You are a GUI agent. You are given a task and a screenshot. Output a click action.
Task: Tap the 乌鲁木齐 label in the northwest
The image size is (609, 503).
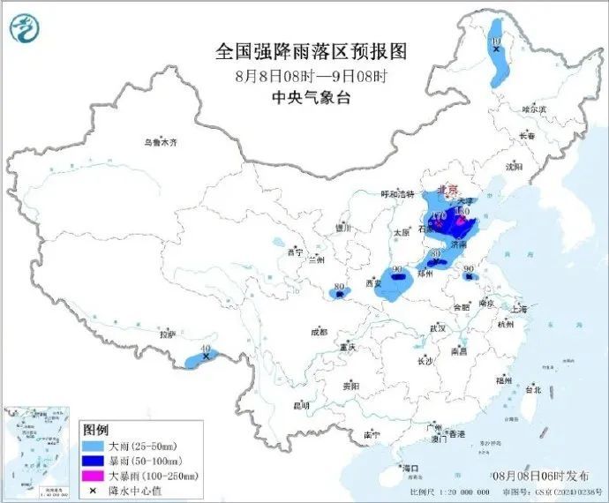(x=161, y=141)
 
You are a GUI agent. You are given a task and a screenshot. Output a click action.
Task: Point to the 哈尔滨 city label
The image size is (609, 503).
(x=534, y=109)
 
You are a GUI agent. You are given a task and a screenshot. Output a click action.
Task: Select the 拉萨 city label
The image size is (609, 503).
(x=167, y=334)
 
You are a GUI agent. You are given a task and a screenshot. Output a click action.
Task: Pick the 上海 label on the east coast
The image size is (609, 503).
(x=518, y=310)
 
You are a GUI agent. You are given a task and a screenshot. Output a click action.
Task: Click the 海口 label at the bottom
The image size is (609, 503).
(x=409, y=467)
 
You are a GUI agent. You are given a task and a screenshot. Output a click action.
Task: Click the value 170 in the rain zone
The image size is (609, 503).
(x=439, y=216)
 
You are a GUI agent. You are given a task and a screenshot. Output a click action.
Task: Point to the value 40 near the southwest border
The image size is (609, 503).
(x=206, y=350)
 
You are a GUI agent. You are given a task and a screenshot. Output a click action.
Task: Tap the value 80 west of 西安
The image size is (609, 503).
(x=339, y=287)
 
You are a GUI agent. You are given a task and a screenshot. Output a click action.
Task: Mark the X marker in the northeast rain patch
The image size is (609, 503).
(x=497, y=50)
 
